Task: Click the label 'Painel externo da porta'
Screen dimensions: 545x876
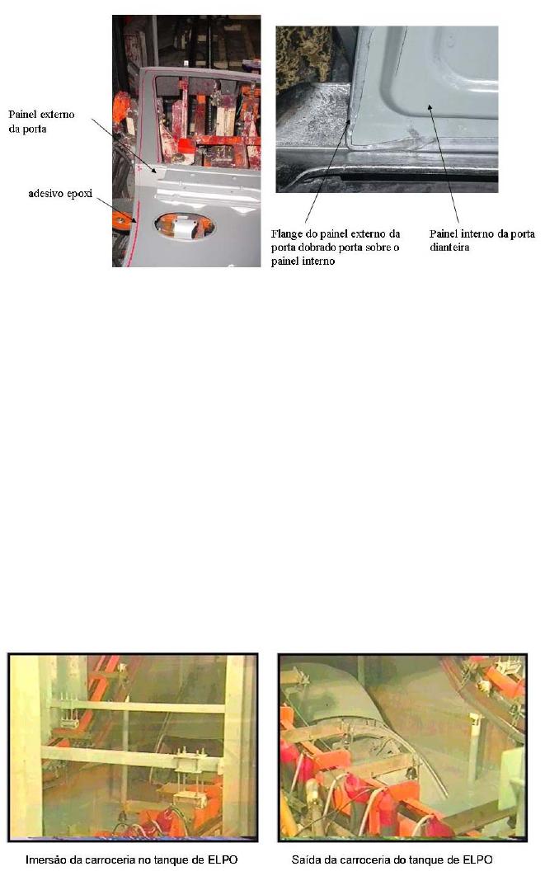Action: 41,122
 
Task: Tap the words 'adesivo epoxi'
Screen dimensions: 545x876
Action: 60,194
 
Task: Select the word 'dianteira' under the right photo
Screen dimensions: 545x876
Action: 449,247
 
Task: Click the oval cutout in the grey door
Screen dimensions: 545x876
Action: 184,226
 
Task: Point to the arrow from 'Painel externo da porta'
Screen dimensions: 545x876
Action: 125,144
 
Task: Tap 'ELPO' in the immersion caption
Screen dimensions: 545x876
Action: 223,860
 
